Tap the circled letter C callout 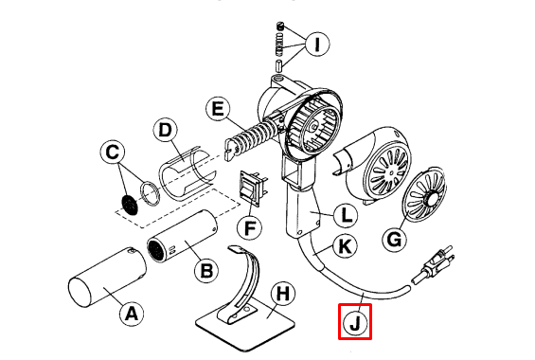(113, 152)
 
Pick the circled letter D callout (165, 128)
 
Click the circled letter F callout (251, 227)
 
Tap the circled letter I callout (317, 43)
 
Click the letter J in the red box (355, 321)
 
